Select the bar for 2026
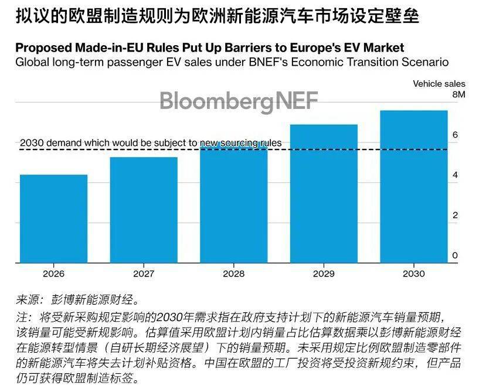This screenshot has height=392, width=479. click(x=53, y=219)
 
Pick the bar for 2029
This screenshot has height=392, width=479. click(x=324, y=193)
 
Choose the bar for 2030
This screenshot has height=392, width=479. click(x=414, y=186)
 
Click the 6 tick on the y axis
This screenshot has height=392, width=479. click(x=454, y=135)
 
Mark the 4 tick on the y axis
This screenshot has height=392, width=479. click(x=454, y=175)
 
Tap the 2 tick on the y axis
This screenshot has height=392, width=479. click(x=454, y=216)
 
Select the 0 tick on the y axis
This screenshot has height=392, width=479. click(x=454, y=256)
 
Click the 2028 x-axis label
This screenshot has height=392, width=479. click(x=233, y=274)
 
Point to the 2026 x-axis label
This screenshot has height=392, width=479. click(x=53, y=274)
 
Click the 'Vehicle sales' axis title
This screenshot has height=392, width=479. click(x=439, y=84)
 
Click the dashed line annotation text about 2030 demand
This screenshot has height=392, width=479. click(x=151, y=142)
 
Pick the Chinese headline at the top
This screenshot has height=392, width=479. click(x=217, y=16)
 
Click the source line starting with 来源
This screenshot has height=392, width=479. click(x=78, y=301)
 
